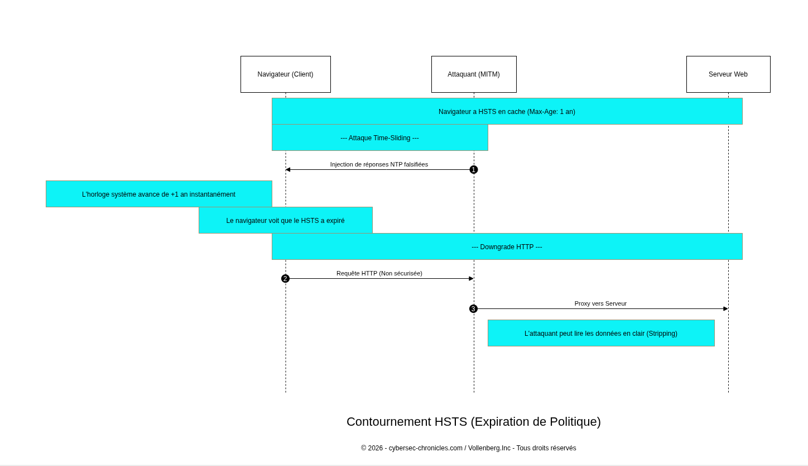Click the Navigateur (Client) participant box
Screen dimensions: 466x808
tap(285, 74)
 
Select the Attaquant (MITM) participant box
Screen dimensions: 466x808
tap(474, 74)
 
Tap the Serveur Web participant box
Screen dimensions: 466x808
tap(728, 74)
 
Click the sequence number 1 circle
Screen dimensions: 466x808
tap(474, 170)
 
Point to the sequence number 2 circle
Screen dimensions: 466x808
tap(285, 279)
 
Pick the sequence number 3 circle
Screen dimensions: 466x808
tap(473, 309)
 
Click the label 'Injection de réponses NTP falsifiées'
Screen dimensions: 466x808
tap(379, 164)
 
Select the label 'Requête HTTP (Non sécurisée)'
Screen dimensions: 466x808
tap(379, 273)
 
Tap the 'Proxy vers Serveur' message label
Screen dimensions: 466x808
tap(600, 303)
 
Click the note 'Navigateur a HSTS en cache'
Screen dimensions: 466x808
tap(507, 111)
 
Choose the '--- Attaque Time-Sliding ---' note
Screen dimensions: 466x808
tap(379, 137)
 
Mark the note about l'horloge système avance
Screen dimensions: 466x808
tap(158, 194)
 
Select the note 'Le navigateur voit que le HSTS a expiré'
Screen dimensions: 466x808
tap(285, 220)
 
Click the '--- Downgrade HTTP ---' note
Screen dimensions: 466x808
tap(507, 246)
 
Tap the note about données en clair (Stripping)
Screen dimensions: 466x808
tap(601, 333)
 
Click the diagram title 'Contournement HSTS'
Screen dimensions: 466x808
tap(473, 422)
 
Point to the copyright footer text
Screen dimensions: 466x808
tap(468, 448)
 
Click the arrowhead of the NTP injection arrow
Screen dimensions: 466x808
tap(288, 170)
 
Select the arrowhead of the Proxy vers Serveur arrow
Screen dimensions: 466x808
tap(725, 309)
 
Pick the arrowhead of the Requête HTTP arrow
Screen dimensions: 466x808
tap(471, 279)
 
